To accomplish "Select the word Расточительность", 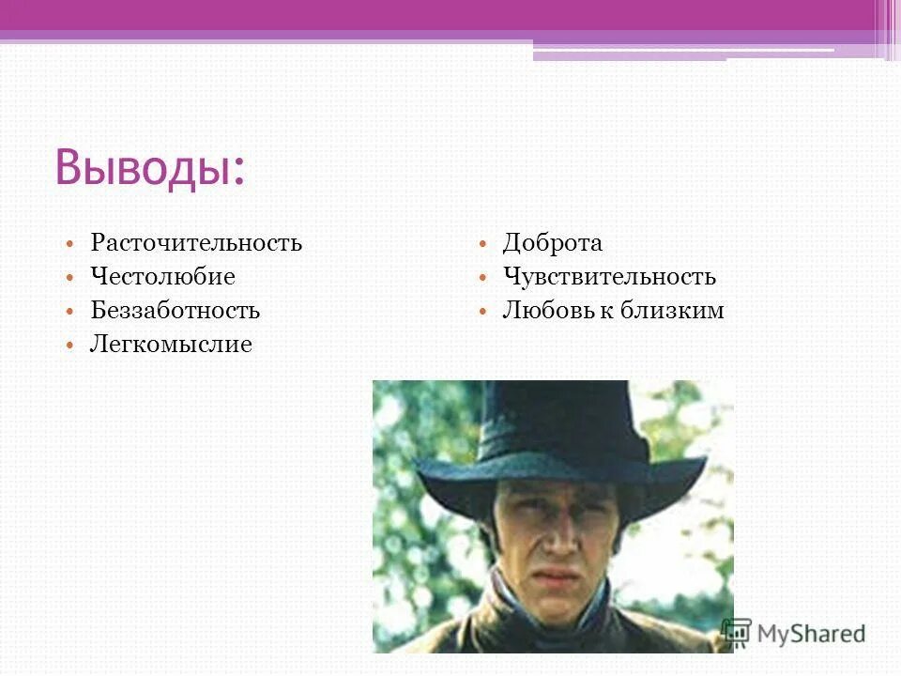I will point(196,243).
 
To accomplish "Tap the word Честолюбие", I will point(162,277).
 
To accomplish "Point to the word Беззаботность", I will point(175,311).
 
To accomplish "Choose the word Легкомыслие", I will point(171,345).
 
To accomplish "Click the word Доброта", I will point(552,243).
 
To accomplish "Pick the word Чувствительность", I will point(609,277).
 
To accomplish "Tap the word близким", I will point(672,311).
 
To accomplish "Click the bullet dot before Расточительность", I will point(69,244).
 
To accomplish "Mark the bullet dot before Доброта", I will point(481,244).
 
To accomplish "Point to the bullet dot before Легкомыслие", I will point(69,346).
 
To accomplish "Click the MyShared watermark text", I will point(811,634).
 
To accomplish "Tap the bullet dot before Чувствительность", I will point(481,278).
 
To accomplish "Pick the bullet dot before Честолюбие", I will point(69,278).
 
